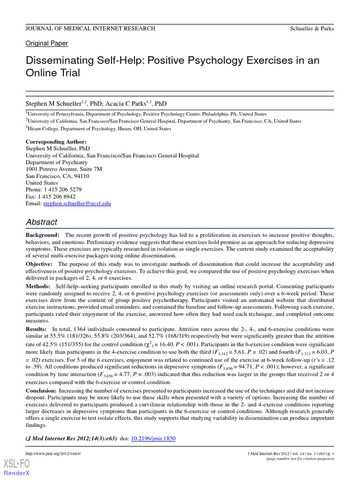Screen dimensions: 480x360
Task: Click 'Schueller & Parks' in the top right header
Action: [312, 29]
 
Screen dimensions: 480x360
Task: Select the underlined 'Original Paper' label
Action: [46, 43]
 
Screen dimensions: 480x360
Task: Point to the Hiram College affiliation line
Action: [98, 128]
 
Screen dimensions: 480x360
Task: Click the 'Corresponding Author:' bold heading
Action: [56, 142]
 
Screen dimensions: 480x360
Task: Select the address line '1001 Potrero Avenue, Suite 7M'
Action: [64, 169]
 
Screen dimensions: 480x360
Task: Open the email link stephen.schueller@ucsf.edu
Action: [77, 204]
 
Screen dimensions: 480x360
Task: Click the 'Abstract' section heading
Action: [41, 222]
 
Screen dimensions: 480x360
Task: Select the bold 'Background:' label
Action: [42, 234]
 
